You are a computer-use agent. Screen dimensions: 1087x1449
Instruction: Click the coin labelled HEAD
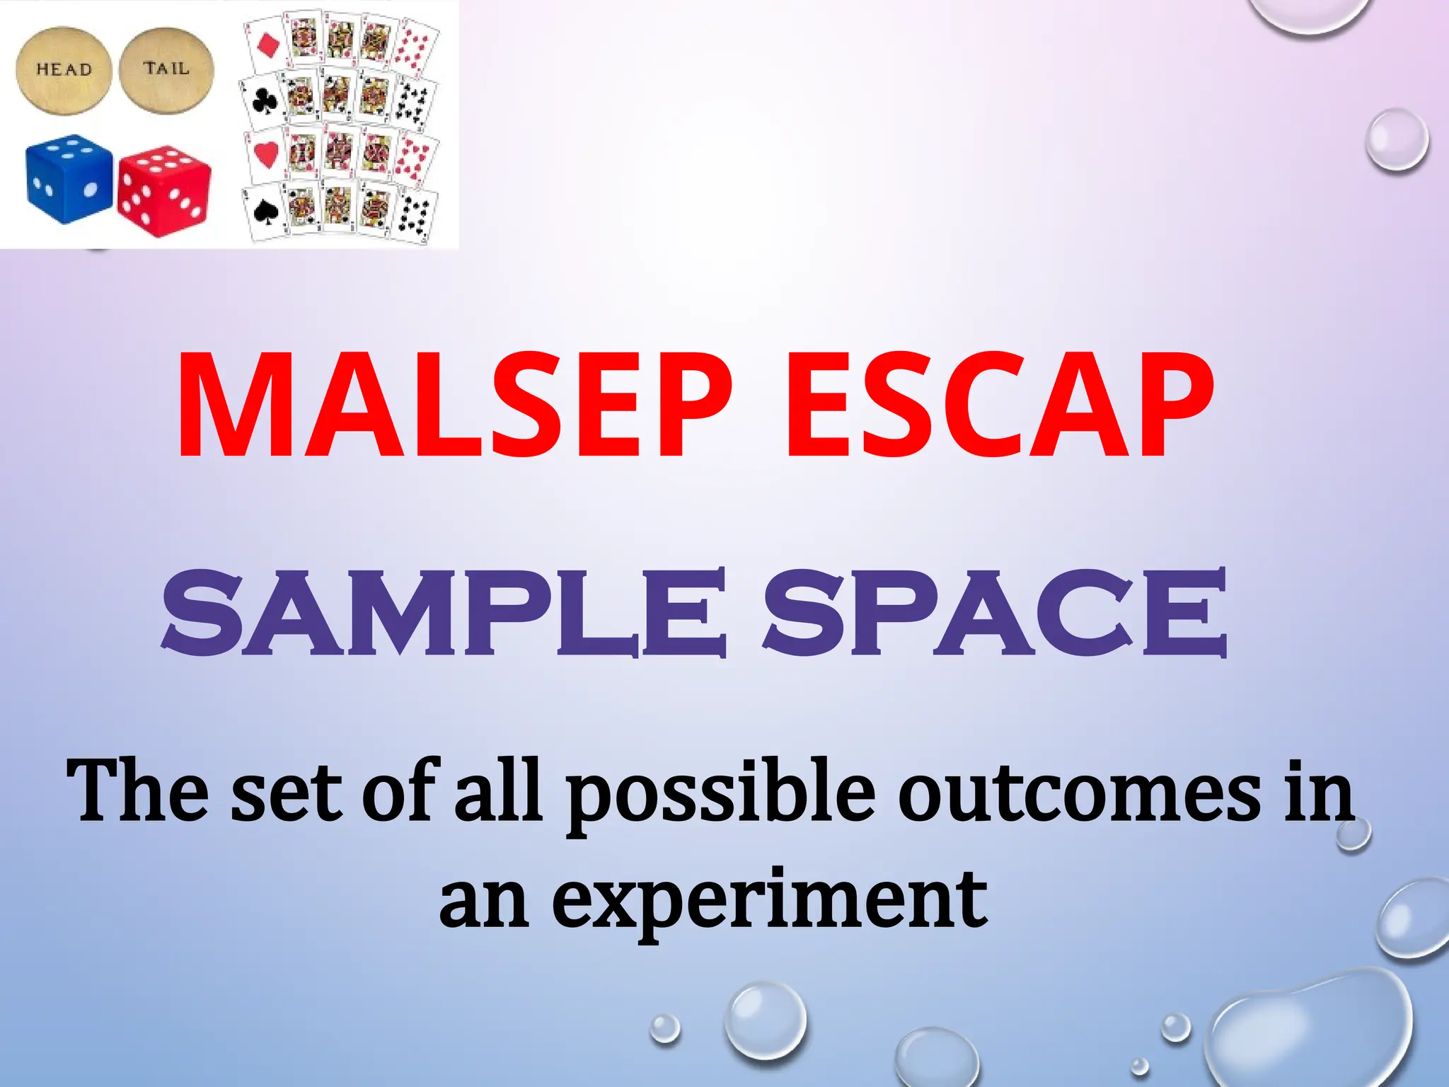[x=64, y=69]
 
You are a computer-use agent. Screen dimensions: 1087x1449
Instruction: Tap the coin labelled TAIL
[x=166, y=68]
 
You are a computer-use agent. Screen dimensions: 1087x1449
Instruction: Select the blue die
[x=69, y=178]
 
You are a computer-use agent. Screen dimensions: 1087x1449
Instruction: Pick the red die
[x=164, y=190]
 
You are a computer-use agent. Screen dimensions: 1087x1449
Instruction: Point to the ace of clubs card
[x=262, y=101]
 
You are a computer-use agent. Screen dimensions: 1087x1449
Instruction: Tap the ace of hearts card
[x=265, y=155]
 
